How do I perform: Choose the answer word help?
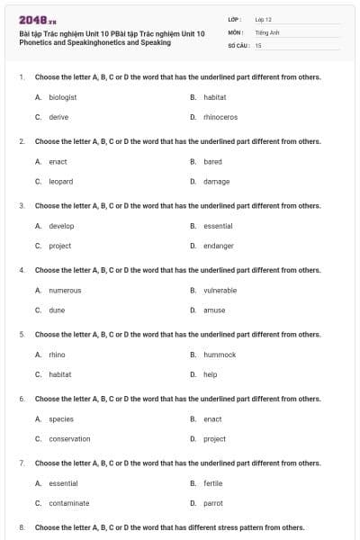click(210, 374)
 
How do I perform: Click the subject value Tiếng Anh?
click(263, 31)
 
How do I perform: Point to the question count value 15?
click(258, 44)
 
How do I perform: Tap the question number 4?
click(21, 270)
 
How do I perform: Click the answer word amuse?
click(214, 310)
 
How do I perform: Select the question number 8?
click(21, 527)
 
